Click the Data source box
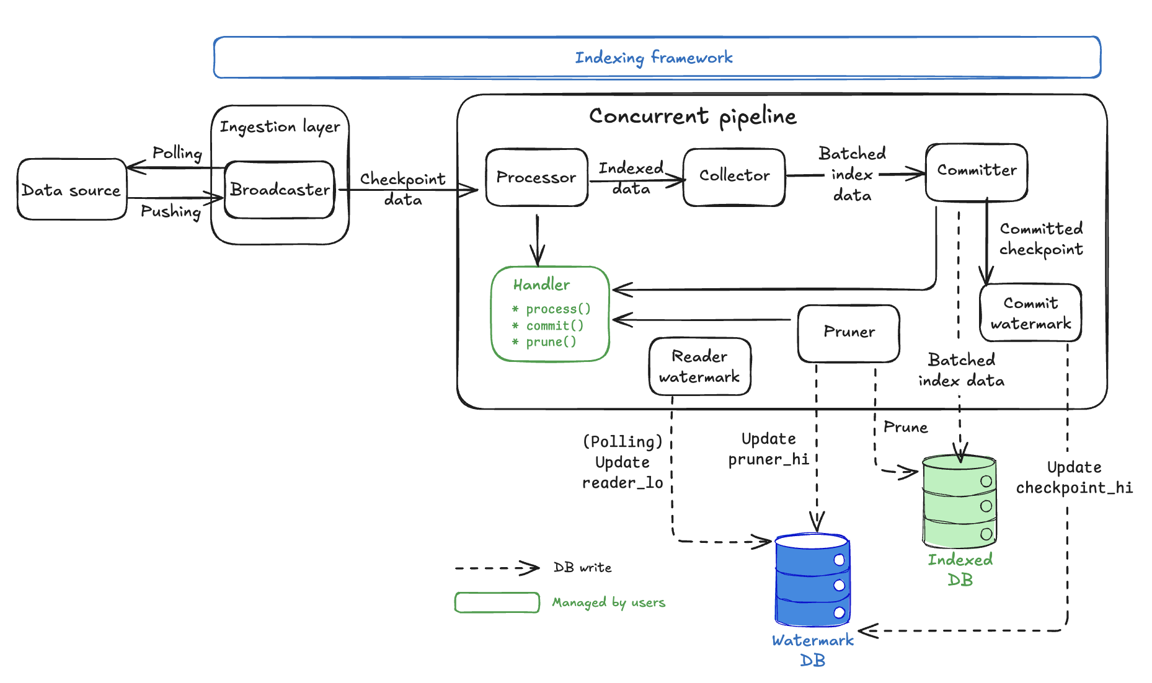coord(71,190)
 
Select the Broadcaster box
coord(280,190)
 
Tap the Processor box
coord(536,177)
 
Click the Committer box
coord(977,170)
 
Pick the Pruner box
coord(849,332)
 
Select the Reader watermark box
coord(699,366)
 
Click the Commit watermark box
coord(1030,313)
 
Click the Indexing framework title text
coord(654,58)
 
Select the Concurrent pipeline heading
coord(693,116)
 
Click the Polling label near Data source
coord(177,152)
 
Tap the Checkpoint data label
coord(403,189)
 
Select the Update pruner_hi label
coord(768,449)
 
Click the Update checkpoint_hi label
coord(1074,477)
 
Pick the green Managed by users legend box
coord(497,602)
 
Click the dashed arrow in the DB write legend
coord(496,568)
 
